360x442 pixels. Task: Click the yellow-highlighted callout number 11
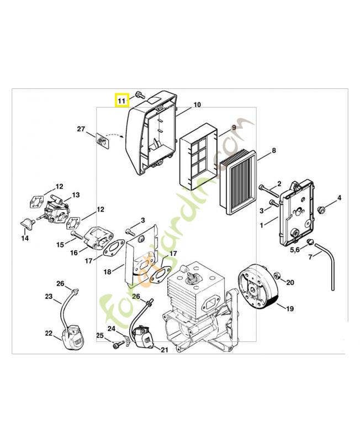pos(121,100)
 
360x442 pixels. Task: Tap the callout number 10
pos(197,105)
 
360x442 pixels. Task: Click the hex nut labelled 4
pos(321,208)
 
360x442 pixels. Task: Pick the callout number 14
pos(25,239)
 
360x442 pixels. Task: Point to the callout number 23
pos(49,297)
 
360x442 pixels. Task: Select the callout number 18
pos(107,272)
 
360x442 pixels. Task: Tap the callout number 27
pos(81,129)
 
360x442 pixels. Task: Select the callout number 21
pos(164,349)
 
